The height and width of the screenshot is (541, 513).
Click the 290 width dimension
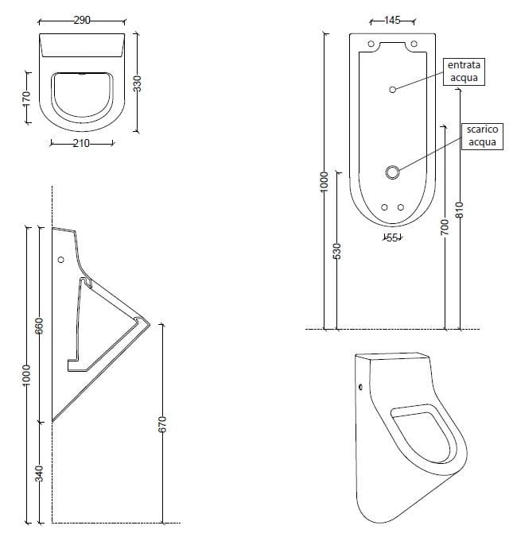[82, 20]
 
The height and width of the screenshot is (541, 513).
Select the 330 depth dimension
[137, 83]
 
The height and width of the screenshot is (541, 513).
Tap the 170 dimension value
[26, 99]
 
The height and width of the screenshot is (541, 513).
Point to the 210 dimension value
[81, 144]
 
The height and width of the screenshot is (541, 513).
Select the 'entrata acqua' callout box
[465, 70]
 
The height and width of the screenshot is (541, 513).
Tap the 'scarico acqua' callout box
[482, 136]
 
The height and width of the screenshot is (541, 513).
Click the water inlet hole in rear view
[392, 90]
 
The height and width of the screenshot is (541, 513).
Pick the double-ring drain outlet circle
[392, 172]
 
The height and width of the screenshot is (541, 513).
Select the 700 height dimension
[445, 227]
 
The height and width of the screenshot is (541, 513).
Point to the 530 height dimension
[336, 251]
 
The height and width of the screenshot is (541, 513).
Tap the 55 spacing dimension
[391, 238]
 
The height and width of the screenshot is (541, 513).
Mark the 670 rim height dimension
[162, 424]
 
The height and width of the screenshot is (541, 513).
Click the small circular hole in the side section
[61, 260]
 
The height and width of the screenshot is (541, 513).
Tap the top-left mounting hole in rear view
[370, 44]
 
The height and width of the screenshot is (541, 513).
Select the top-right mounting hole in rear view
[414, 44]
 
